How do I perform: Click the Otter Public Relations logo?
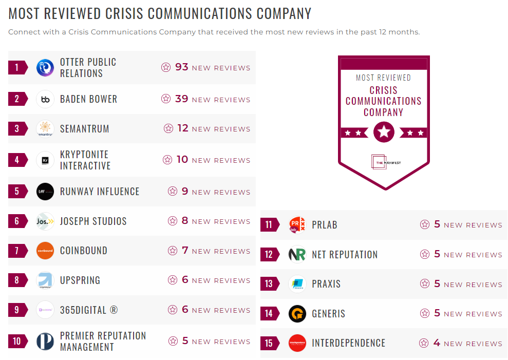point(45,68)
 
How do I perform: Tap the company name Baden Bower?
point(88,99)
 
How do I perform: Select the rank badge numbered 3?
point(17,129)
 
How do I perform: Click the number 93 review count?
point(182,67)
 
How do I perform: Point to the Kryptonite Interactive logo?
point(45,160)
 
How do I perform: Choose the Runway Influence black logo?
point(45,192)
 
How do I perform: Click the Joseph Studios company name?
point(93,221)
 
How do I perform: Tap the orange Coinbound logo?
point(45,251)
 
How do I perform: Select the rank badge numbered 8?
point(17,280)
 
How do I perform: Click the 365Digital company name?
point(89,310)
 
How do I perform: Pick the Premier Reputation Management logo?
point(45,342)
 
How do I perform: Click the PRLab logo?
point(297,225)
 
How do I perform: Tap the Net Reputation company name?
point(345,255)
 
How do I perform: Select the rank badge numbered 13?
point(269,284)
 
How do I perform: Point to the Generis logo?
point(297,314)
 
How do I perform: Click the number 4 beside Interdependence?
point(437,343)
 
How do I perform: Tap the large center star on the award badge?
point(384,132)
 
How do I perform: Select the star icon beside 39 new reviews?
point(165,99)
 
